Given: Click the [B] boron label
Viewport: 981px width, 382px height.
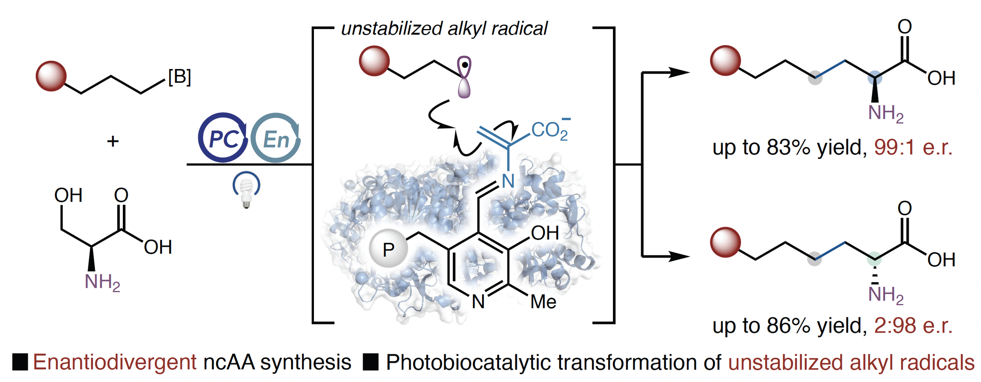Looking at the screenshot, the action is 179,77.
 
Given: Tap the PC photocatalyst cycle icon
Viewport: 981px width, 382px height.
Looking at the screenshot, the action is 223,138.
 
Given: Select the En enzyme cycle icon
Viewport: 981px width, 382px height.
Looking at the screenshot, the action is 275,138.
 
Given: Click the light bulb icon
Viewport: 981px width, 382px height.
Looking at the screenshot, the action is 246,190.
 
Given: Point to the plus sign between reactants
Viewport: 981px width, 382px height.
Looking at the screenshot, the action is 113,141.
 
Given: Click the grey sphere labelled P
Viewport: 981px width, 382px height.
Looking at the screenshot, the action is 388,249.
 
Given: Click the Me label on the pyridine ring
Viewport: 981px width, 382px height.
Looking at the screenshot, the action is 543,302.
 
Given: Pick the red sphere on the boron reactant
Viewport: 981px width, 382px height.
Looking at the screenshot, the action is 51,76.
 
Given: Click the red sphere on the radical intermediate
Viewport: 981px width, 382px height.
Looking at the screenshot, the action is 374,61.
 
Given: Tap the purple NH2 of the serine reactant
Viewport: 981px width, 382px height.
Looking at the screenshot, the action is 102,282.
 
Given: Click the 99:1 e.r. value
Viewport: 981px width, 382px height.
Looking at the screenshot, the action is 913,148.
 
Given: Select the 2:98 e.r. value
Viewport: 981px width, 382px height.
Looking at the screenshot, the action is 913,326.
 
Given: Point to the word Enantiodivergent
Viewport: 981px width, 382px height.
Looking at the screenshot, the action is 115,362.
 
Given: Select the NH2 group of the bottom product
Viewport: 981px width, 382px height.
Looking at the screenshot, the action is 886,295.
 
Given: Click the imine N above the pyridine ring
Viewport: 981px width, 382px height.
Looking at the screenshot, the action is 508,181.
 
